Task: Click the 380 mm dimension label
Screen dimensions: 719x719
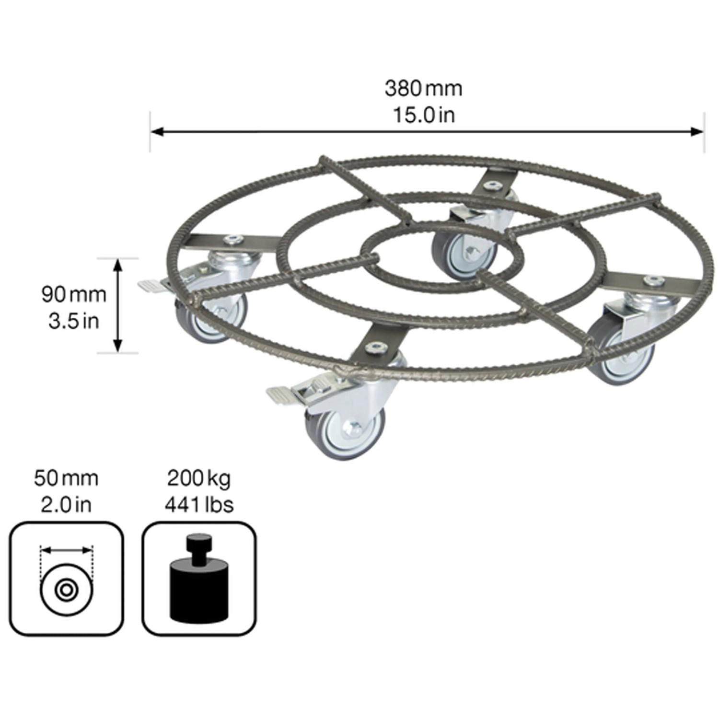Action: point(423,89)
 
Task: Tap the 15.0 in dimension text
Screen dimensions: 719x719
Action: point(424,115)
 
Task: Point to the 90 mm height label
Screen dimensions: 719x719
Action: point(74,294)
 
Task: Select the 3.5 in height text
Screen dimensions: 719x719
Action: point(74,321)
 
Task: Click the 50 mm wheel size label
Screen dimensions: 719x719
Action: point(66,478)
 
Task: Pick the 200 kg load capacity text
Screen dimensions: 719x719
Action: point(199,478)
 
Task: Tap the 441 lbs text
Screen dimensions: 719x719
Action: point(199,505)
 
